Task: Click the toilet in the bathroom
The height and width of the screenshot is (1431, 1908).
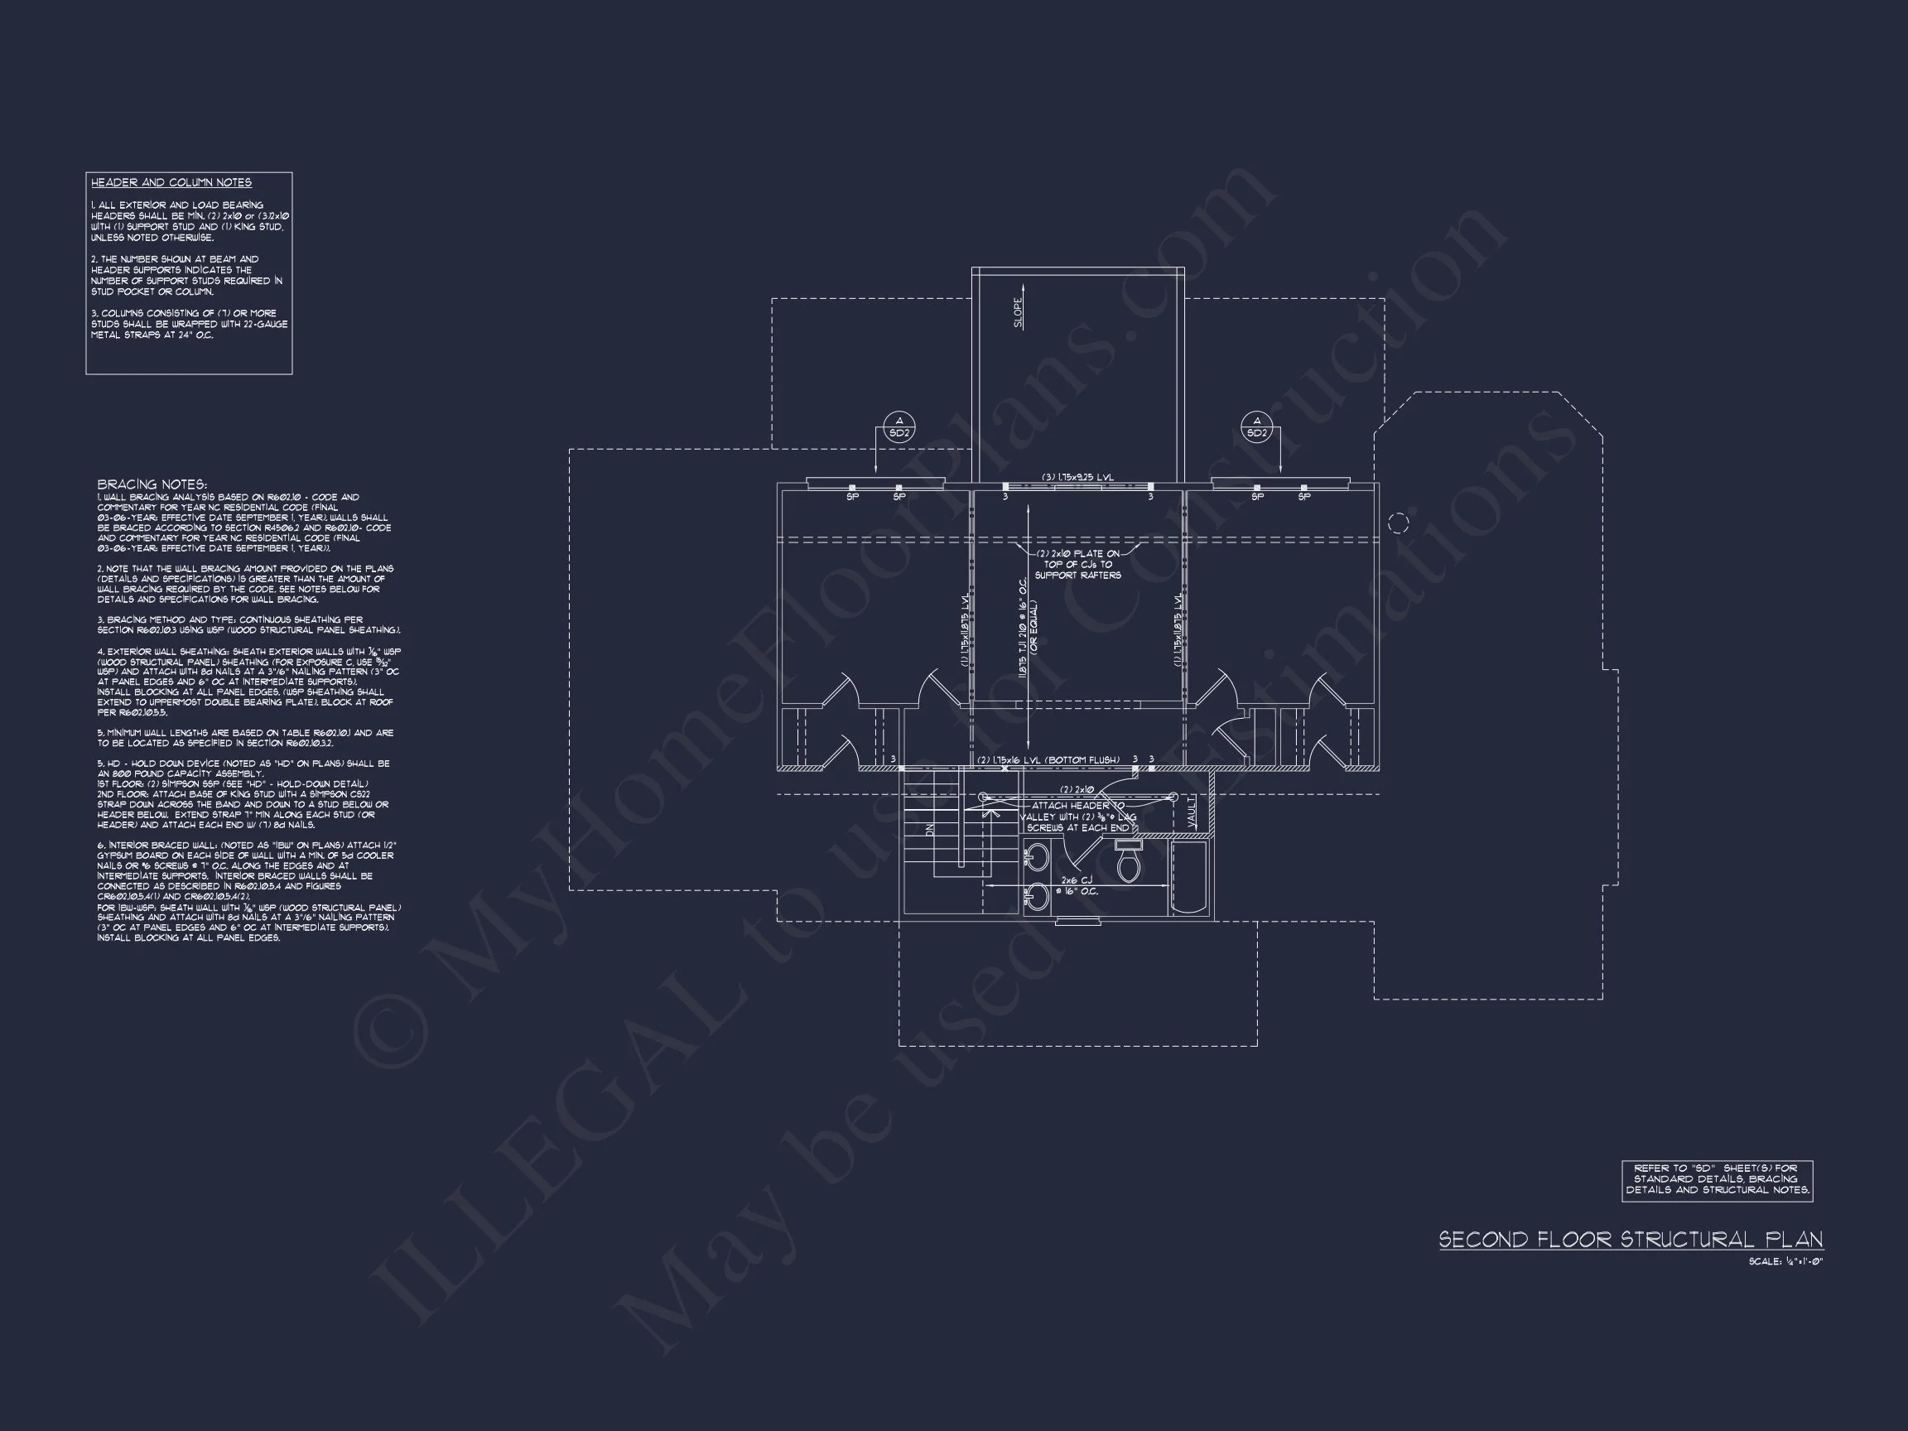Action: tap(1126, 862)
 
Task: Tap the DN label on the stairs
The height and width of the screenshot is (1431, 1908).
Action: tap(930, 829)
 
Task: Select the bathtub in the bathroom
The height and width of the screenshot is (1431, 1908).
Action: tap(1191, 878)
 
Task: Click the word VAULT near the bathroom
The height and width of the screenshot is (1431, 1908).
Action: tap(1191, 812)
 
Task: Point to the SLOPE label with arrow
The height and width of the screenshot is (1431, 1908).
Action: tap(1019, 311)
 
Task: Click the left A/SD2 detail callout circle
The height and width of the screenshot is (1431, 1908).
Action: tap(899, 427)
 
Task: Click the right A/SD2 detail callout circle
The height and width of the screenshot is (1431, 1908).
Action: tap(1257, 427)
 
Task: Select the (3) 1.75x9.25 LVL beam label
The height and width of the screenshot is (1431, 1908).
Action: tap(1077, 477)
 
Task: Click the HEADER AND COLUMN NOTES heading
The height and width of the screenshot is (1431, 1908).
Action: tap(171, 183)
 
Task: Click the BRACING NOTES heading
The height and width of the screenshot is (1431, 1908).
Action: tap(152, 484)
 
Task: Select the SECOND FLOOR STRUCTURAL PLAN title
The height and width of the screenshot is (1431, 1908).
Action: tap(1631, 1240)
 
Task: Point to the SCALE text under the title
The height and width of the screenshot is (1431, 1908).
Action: tap(1785, 1261)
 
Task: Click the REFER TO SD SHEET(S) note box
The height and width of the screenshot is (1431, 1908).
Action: tap(1717, 1179)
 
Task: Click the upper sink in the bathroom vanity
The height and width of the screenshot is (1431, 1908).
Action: tap(1038, 856)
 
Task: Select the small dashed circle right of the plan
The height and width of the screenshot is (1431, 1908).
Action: tap(1398, 523)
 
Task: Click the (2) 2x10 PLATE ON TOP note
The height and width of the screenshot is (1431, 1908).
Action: tap(1077, 564)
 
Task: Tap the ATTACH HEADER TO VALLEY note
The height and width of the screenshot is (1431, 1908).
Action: tap(1077, 816)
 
